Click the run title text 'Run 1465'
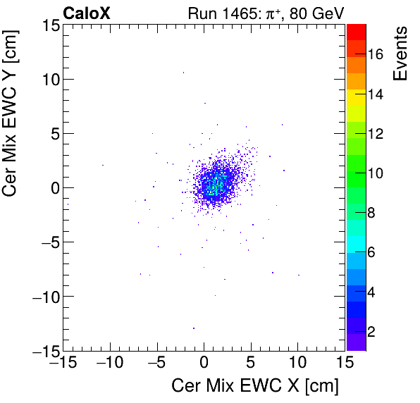[x=216, y=13]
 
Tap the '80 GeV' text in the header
[x=315, y=13]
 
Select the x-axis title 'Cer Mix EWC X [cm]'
[x=255, y=385]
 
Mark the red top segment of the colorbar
[x=356, y=31]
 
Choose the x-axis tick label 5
[x=251, y=363]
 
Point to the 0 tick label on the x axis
[x=204, y=363]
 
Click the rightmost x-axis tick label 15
[x=345, y=363]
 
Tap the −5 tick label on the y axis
[x=44, y=242]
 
